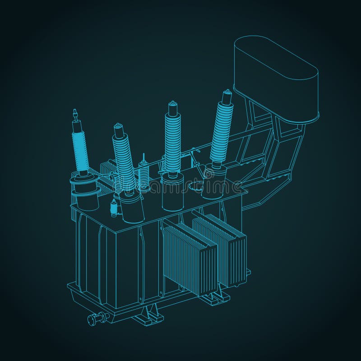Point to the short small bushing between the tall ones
tap(144, 176)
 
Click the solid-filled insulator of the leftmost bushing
tap(80, 149)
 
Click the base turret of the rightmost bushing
tap(213, 183)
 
